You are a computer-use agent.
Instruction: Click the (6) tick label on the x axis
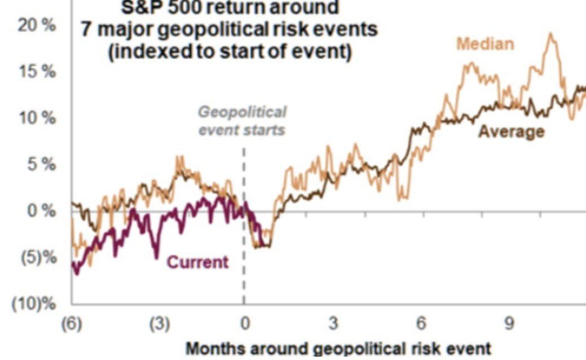point(71,324)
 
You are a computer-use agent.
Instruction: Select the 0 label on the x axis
point(245,324)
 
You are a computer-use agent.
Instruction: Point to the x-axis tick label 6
point(421,324)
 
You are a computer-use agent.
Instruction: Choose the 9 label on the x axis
point(509,324)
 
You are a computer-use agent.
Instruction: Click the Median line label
point(484,43)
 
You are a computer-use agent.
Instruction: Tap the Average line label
point(512,131)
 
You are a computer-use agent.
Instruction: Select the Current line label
point(198,262)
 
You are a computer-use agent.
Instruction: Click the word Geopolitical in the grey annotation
point(241,112)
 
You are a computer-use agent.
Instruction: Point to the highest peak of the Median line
point(550,34)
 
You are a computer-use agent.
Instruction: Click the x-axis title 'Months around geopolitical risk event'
point(338,348)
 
